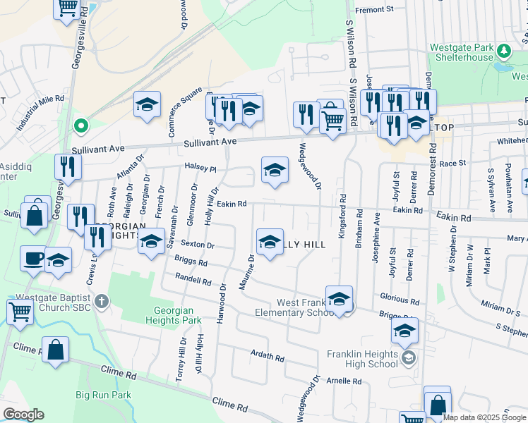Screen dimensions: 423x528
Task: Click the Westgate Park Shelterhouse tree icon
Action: tap(504, 51)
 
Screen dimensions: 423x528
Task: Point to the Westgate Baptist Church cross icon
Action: tap(102, 302)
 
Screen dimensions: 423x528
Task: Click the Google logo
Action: tap(23, 415)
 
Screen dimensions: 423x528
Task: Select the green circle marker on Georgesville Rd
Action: tap(81, 127)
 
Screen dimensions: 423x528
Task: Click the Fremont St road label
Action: tap(373, 10)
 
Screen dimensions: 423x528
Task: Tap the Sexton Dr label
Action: tap(197, 245)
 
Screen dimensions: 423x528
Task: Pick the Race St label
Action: tap(452, 164)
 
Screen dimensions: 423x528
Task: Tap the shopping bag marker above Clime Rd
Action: tap(55, 349)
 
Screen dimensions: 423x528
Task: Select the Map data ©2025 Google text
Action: tap(483, 417)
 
